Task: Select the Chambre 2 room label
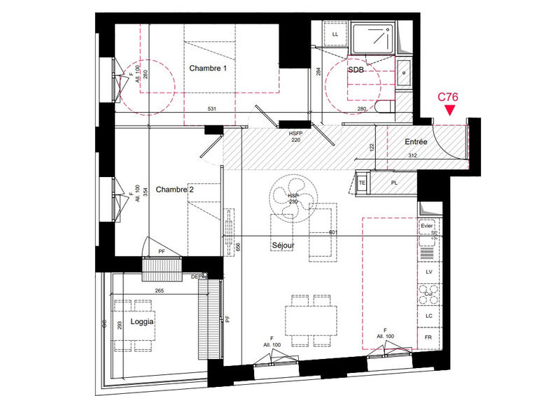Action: [175, 190]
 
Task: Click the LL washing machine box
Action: [335, 34]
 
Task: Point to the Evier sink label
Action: [427, 227]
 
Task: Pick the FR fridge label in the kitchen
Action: [427, 337]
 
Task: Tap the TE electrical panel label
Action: [362, 182]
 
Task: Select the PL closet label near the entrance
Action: [394, 183]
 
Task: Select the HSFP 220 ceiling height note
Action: [298, 136]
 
